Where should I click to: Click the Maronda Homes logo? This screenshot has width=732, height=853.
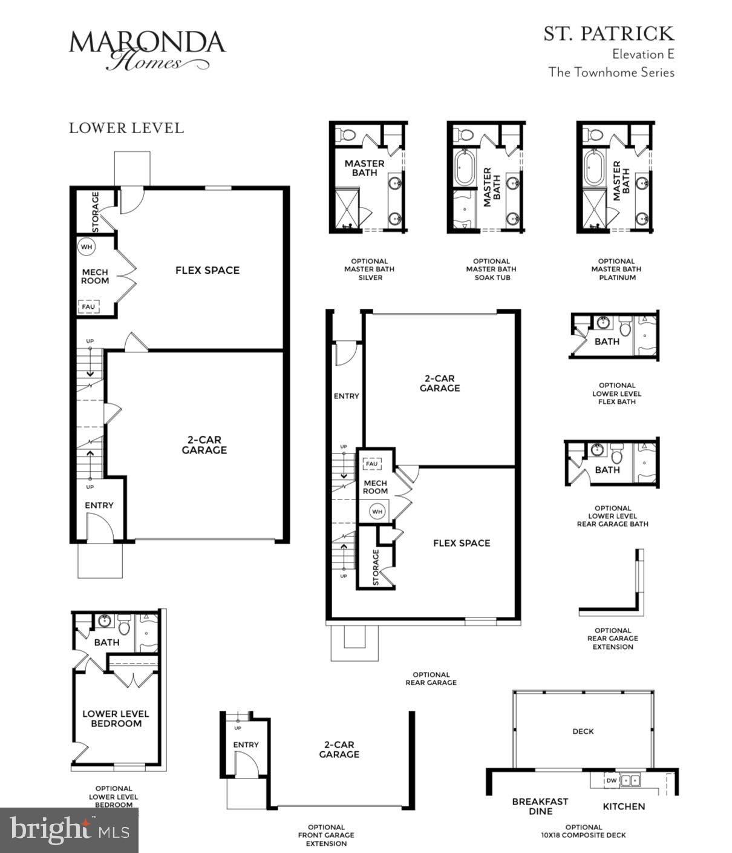pos(147,50)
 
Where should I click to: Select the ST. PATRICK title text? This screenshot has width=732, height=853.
pos(608,33)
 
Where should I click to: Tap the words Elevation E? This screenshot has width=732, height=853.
pos(642,54)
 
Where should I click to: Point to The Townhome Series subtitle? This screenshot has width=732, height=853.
pos(611,73)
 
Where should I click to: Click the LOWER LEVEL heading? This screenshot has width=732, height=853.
pos(126,128)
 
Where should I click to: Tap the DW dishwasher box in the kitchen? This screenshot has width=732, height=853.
pos(611,781)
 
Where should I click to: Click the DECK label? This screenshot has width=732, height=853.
pos(583,731)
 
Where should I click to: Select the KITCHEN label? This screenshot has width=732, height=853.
pos(624,806)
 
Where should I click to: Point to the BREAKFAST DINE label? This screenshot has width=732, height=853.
pos(540,806)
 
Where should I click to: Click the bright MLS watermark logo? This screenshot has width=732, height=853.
pos(69,829)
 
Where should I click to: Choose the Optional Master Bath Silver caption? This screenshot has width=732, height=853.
pos(369,269)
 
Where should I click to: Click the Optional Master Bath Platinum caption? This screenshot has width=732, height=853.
pos(616,269)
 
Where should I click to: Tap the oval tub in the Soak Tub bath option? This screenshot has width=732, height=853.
pos(464,167)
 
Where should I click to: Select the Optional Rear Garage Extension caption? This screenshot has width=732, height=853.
pos(612,639)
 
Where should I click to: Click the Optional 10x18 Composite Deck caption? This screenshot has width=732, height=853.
pos(583,831)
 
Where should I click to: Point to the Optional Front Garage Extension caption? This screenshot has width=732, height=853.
pos(326,835)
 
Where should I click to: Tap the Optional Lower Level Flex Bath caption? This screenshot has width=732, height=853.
pos(616,394)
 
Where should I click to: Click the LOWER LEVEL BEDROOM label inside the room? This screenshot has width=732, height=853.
pos(116,719)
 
